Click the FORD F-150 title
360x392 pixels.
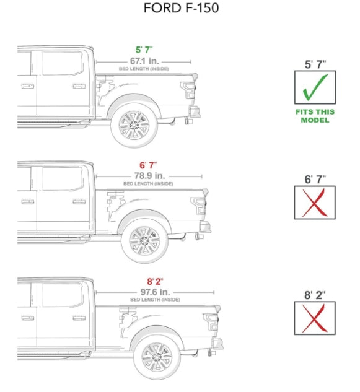180,9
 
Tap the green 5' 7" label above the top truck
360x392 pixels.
144,50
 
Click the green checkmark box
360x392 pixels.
315,87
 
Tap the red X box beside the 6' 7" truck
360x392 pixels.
315,203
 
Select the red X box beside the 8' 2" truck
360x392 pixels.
315,318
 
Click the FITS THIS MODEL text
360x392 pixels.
315,116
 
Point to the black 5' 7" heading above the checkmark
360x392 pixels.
315,63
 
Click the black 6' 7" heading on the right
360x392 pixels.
315,179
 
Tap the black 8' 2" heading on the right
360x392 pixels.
315,295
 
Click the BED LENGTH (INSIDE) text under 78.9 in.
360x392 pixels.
147,184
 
